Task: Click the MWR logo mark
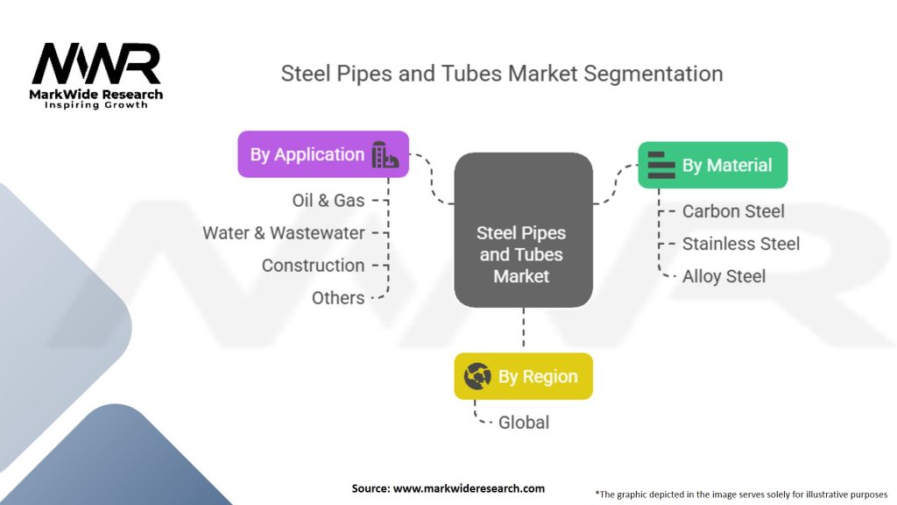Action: tap(96, 64)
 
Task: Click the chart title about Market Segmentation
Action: tap(502, 74)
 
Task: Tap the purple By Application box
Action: tap(323, 154)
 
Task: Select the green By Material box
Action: tap(713, 165)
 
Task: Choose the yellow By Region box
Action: tap(524, 376)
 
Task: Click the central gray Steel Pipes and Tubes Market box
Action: tap(524, 231)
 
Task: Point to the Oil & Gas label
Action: tap(328, 201)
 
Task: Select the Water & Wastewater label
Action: tap(284, 233)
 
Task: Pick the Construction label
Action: tap(313, 266)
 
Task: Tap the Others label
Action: tap(338, 298)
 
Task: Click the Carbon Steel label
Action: tap(733, 211)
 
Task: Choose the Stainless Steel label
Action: tap(741, 244)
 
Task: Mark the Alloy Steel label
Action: tap(724, 276)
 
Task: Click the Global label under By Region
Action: tap(524, 423)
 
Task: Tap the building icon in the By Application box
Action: tap(385, 154)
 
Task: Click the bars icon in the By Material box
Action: tap(661, 165)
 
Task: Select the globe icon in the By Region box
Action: tap(477, 376)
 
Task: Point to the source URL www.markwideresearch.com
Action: tap(470, 488)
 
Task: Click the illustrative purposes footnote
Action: tap(741, 494)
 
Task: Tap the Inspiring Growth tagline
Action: tap(96, 105)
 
